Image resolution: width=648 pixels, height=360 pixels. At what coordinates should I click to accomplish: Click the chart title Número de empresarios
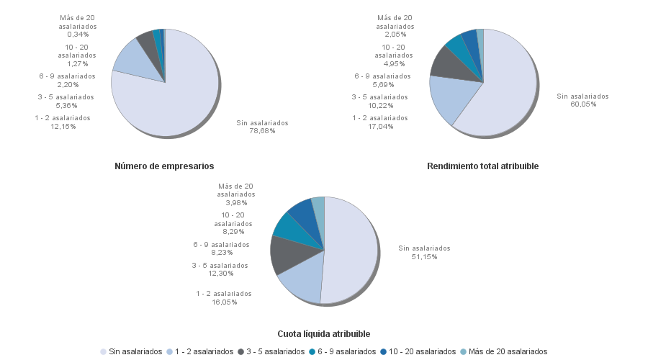point(164,166)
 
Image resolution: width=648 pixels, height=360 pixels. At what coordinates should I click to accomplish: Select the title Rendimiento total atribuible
point(482,166)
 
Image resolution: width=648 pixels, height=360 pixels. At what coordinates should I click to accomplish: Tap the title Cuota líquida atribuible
point(324,334)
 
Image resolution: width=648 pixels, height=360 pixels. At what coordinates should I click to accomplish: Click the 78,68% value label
point(262,131)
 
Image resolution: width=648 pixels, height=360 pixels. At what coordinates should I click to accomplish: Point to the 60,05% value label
point(582,104)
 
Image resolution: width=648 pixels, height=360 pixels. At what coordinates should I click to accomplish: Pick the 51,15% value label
point(424,257)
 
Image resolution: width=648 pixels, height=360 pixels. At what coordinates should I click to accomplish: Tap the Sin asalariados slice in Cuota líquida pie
point(353,252)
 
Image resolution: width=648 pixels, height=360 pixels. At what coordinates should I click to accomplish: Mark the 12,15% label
point(63,127)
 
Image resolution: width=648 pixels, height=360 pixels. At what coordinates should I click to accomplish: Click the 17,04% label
point(380,127)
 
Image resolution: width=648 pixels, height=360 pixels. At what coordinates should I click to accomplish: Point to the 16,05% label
point(224,302)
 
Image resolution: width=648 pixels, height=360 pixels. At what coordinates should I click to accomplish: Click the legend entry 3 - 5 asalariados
point(274,351)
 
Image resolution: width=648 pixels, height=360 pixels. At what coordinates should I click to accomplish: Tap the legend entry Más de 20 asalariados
point(508,351)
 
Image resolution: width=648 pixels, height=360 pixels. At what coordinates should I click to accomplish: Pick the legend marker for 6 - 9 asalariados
point(312,351)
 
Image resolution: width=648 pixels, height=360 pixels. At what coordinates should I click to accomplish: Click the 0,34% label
point(78,34)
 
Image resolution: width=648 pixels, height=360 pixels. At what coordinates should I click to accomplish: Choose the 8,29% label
point(234,232)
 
